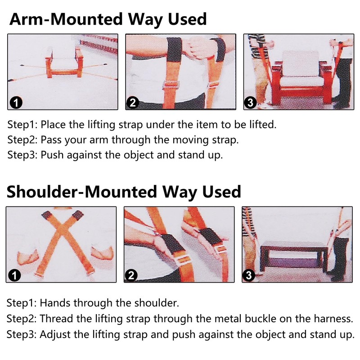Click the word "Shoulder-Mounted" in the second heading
82,192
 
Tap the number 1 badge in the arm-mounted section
16,103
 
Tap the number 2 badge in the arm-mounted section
133,103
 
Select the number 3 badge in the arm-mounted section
250,103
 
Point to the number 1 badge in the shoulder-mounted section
15,275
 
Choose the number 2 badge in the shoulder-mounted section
131,275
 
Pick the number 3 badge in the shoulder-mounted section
249,275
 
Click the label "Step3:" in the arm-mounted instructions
22,155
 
